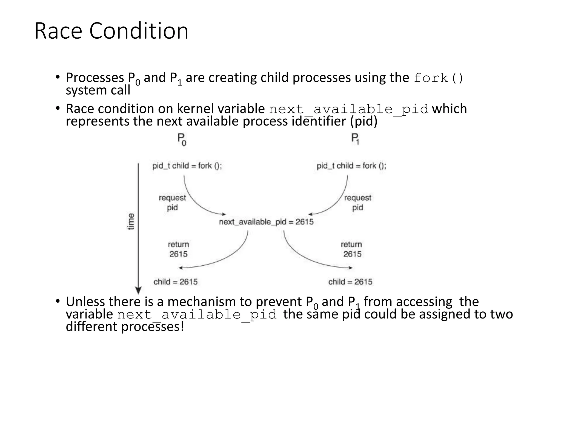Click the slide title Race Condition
[111, 31]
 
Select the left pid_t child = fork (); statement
[187, 166]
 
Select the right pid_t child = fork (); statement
[351, 166]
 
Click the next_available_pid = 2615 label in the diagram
[266, 222]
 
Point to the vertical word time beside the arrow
[131, 221]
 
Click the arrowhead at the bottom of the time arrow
[138, 290]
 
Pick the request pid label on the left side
[172, 203]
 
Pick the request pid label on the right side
[357, 203]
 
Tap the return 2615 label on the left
[178, 249]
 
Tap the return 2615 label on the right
[352, 249]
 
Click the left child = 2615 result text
[175, 282]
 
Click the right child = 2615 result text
[350, 282]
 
